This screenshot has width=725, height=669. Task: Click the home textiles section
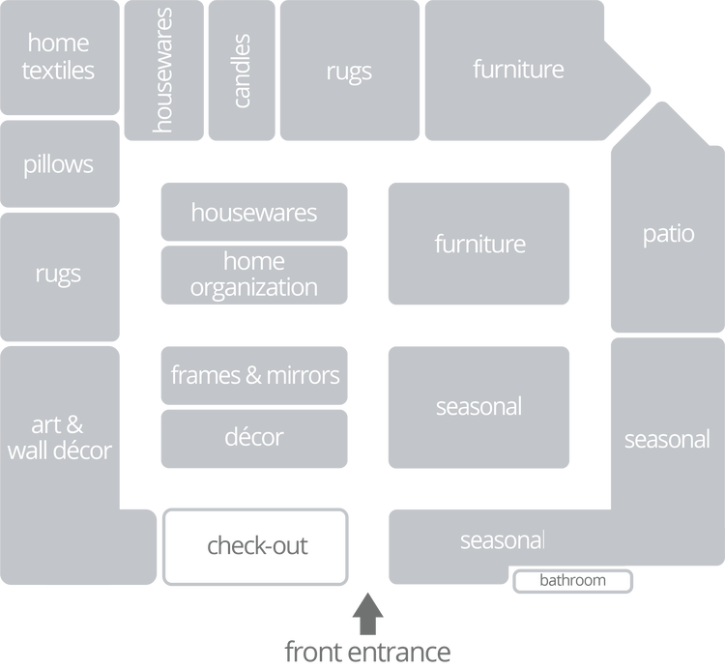(59, 56)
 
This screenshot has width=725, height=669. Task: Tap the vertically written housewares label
(163, 71)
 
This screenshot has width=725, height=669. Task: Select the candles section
(242, 71)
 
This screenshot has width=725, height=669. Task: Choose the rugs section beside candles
(349, 71)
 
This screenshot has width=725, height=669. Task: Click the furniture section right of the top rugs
(518, 70)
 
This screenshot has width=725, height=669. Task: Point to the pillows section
(59, 164)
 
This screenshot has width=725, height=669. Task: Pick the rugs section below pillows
(59, 274)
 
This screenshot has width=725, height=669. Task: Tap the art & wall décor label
(59, 437)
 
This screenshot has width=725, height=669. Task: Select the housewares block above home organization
(254, 211)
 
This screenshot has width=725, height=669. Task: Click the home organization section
(254, 274)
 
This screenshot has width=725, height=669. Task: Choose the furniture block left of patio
(479, 244)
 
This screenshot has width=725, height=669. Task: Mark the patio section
(668, 234)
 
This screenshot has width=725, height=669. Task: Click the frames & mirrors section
(254, 374)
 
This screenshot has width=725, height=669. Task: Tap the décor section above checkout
(254, 437)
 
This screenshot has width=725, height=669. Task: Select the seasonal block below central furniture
(479, 406)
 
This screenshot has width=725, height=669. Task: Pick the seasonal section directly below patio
(667, 439)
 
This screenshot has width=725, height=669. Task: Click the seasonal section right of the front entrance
(503, 539)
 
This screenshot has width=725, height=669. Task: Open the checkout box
(256, 546)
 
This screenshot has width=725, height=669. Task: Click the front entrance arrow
(367, 611)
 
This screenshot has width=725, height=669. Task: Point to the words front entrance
(367, 651)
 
